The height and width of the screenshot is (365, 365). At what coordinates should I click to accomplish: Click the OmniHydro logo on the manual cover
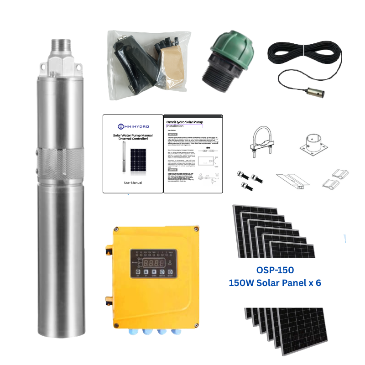click(132, 125)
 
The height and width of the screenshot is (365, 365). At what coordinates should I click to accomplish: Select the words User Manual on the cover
click(132, 182)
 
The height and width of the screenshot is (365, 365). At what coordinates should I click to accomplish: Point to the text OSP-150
click(275, 270)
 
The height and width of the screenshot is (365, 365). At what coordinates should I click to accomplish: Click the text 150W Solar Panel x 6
click(275, 283)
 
